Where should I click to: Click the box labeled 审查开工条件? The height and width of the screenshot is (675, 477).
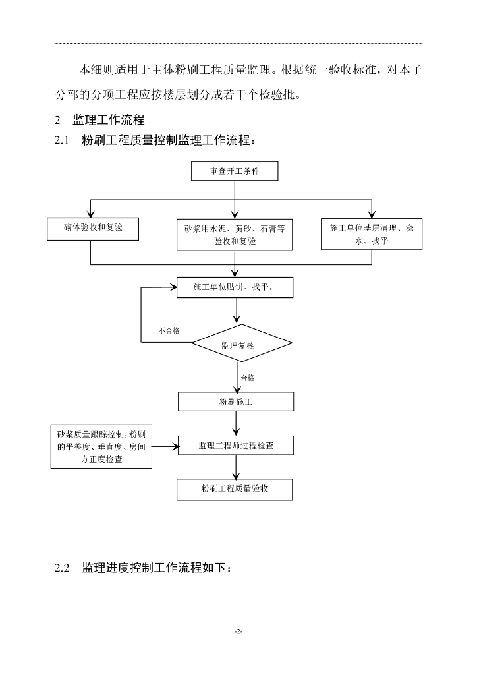point(235,171)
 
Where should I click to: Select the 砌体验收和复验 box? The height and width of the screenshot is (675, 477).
point(93,229)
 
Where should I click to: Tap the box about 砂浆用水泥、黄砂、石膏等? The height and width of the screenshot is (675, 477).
point(235,235)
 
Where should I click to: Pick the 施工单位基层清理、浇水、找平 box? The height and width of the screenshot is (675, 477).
point(372,234)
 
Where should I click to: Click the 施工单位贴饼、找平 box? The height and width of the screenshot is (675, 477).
point(235,287)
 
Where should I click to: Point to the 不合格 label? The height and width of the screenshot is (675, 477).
point(169,331)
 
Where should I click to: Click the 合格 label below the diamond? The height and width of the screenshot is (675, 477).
point(248,378)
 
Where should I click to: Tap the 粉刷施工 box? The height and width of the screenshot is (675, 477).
point(236,401)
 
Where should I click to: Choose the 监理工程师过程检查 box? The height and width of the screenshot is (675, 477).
point(236,446)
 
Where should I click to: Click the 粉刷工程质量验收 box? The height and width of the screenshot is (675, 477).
point(235,490)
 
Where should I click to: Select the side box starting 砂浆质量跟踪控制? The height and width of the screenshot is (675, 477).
point(101,447)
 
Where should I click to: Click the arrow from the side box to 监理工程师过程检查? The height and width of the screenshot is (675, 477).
point(165,447)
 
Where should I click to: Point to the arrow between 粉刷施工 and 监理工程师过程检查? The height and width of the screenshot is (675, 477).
point(236,424)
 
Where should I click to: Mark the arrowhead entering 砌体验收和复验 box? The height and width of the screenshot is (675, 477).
point(90,214)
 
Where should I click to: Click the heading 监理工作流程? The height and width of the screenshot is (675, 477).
point(109,120)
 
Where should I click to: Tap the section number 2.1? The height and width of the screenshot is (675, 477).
point(62,140)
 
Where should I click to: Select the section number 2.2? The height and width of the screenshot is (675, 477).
point(62,568)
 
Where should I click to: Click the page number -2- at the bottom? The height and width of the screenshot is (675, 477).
point(238,631)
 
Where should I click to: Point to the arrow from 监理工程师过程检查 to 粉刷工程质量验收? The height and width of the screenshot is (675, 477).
point(236,467)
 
